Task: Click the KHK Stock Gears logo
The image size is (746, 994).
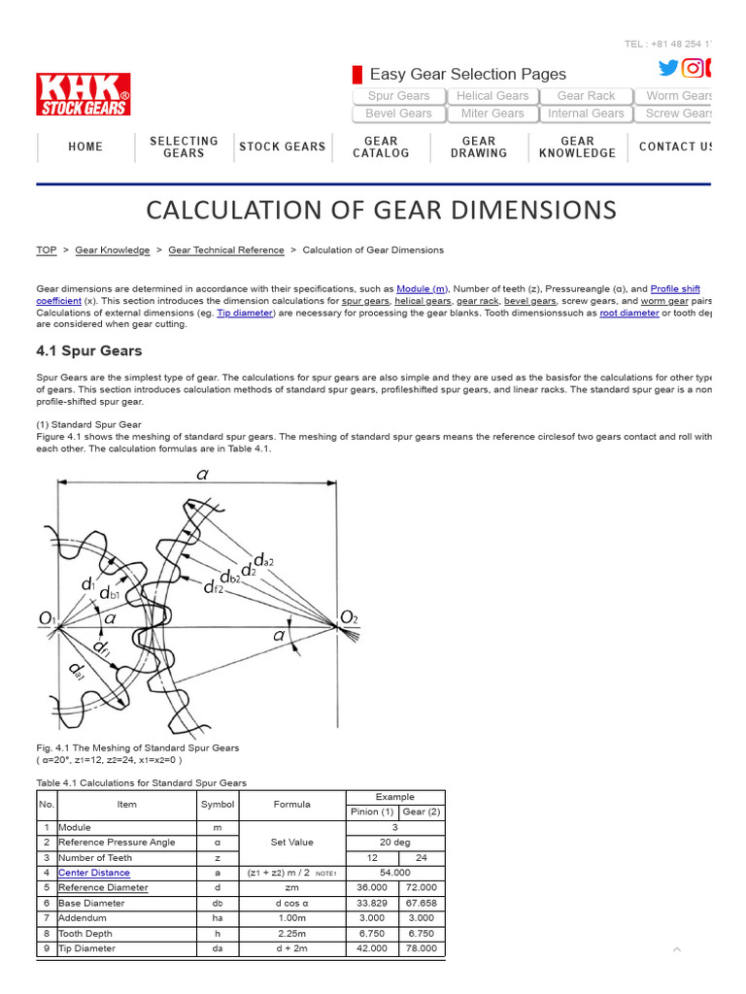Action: (84, 94)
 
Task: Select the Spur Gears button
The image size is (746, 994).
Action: (398, 96)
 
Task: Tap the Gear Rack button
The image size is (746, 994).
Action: (586, 96)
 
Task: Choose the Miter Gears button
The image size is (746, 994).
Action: (492, 114)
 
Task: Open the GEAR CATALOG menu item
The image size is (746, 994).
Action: (381, 148)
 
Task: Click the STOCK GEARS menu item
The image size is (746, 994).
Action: (283, 148)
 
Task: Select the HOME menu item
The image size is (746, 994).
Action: (85, 148)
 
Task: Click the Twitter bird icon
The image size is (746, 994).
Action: (668, 68)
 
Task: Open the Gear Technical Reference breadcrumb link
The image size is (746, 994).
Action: (226, 250)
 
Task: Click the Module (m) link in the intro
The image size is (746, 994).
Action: (422, 289)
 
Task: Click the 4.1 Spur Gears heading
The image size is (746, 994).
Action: (88, 351)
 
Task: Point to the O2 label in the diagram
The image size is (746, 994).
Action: (349, 617)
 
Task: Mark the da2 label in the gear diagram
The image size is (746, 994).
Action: (263, 560)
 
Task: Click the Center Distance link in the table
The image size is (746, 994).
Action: (93, 873)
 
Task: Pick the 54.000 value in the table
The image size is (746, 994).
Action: (394, 873)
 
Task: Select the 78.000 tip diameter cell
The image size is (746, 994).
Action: (421, 948)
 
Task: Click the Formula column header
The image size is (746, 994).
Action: (291, 804)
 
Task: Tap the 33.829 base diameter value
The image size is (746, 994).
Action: (371, 903)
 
